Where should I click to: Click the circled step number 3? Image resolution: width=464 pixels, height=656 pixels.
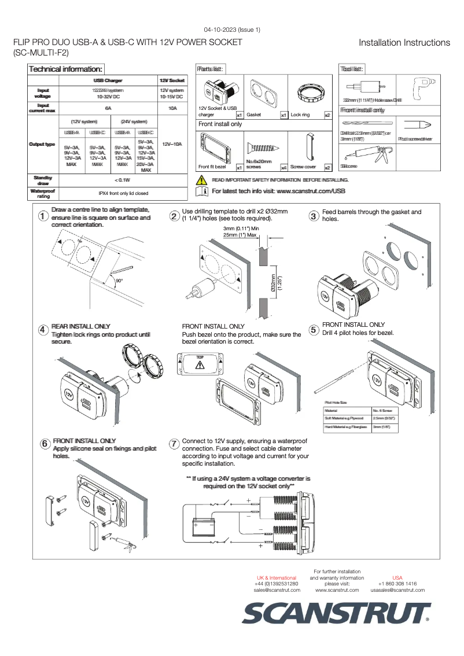(314, 216)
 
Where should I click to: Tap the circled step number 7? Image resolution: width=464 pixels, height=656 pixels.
(174, 444)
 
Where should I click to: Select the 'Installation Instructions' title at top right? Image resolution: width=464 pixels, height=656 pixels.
(404, 43)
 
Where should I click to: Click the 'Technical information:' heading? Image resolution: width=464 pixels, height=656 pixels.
(66, 69)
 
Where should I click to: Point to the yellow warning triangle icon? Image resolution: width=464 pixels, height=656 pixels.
(202, 180)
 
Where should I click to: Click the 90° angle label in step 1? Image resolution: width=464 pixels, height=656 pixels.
(119, 281)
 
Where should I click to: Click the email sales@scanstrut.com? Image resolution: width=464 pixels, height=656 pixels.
(277, 590)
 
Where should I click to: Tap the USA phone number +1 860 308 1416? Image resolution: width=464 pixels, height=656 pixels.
(397, 584)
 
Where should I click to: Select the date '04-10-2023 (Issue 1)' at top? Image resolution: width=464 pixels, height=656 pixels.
(231, 30)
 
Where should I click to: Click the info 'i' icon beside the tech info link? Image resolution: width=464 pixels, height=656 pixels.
(202, 191)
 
